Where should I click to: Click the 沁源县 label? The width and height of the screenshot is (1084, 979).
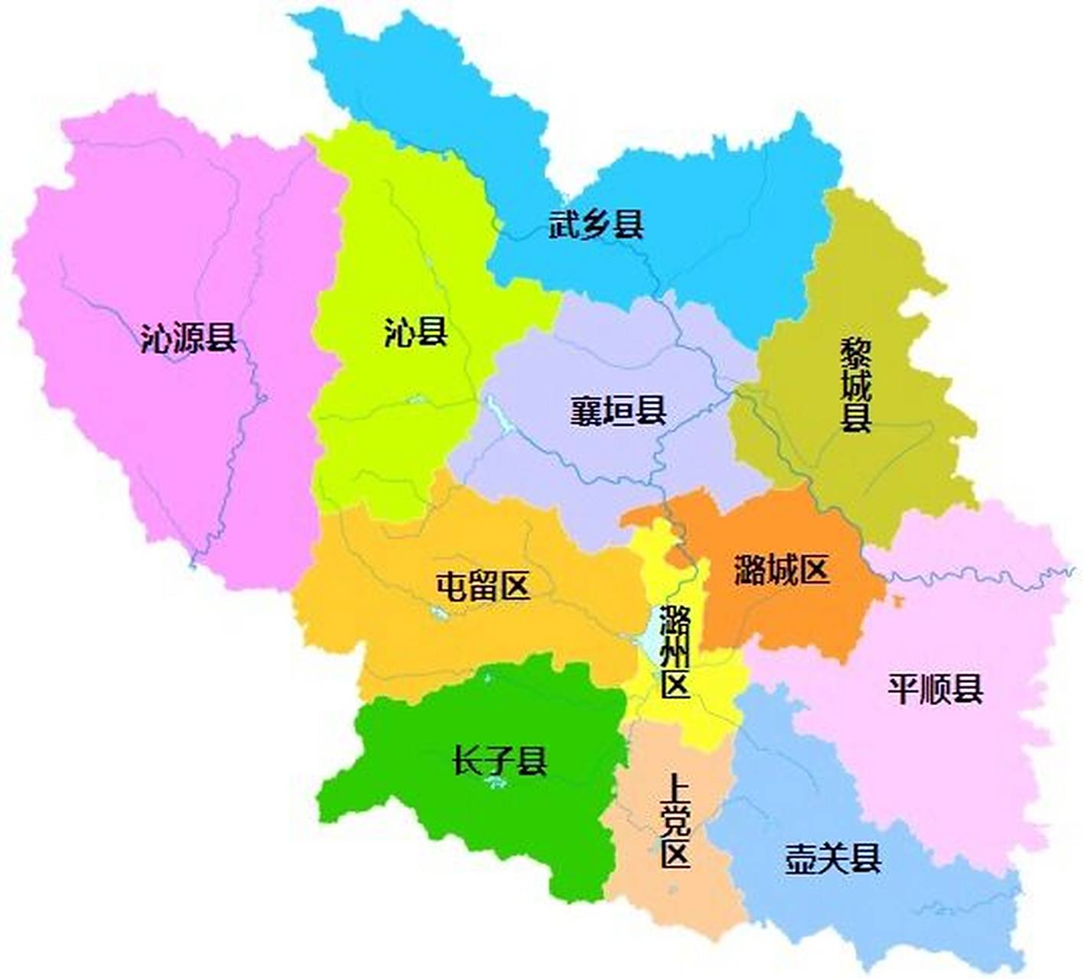coord(188,337)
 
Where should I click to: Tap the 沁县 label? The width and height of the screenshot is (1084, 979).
coord(415,333)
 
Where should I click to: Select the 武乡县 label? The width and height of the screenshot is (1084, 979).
coord(597,225)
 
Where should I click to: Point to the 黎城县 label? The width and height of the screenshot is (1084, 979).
coord(856,386)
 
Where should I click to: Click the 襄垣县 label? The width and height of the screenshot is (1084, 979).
coord(618,411)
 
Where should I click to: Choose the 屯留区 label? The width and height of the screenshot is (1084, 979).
coord(483,587)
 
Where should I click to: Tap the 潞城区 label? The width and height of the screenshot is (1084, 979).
coord(781,571)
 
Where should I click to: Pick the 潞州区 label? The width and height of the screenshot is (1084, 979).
coord(675,651)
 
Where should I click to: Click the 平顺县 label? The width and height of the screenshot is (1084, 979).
coord(935,688)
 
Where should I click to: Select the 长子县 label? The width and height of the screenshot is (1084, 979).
coord(500,761)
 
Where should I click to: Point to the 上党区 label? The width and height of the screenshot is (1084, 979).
coord(675,821)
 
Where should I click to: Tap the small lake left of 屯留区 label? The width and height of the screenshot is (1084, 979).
coord(438,611)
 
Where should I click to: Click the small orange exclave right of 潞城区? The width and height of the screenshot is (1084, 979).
coord(897,601)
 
